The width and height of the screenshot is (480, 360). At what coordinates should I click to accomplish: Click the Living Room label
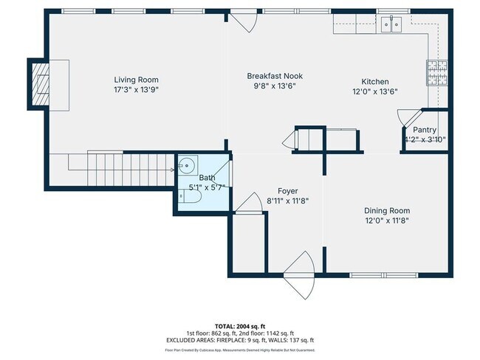[x=136, y=80]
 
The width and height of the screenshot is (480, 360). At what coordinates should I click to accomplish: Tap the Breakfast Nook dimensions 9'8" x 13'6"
[x=274, y=86]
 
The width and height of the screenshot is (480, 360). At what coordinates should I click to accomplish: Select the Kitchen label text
[x=374, y=82]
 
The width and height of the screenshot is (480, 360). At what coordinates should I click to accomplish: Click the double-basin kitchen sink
[x=392, y=24]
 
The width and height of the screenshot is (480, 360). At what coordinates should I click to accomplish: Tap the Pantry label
[x=425, y=130]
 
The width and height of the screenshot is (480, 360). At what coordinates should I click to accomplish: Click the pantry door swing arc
[x=405, y=119]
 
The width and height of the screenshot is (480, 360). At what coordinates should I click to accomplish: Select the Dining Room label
[x=387, y=210]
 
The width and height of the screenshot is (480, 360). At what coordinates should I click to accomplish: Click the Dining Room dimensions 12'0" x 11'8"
[x=387, y=220]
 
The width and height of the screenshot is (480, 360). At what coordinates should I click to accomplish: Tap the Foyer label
[x=287, y=191]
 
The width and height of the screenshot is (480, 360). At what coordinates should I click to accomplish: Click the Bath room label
[x=207, y=179]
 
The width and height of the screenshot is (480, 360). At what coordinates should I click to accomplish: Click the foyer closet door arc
[x=244, y=206]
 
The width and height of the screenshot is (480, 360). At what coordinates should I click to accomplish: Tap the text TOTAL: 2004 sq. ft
[x=241, y=325]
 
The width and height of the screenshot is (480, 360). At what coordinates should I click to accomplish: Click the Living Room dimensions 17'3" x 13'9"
[x=136, y=89]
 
